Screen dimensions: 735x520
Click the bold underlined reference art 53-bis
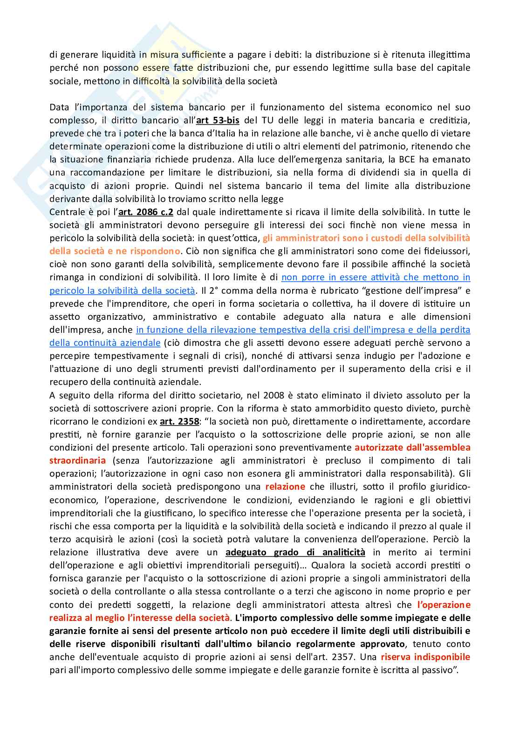[x=218, y=120]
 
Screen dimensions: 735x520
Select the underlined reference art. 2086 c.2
[x=145, y=212]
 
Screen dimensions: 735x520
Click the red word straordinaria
[x=78, y=460]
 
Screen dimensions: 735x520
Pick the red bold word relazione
[x=285, y=486]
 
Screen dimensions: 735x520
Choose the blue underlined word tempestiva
[x=275, y=330]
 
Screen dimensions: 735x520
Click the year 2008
[x=274, y=395]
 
